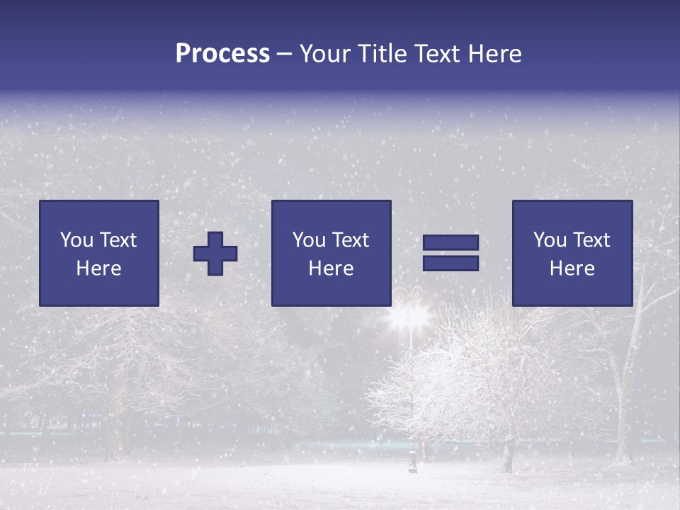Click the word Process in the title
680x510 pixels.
pos(222,54)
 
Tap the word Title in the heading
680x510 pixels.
pos(383,54)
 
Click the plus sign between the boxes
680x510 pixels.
pos(215,253)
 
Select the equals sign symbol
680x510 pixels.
pos(450,253)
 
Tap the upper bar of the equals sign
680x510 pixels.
pos(450,242)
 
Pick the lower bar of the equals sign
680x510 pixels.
pos(450,263)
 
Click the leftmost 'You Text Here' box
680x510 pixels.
pos(99,253)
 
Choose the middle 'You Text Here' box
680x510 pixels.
pos(331,253)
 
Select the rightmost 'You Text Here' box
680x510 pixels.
pos(572,253)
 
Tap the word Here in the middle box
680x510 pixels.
pos(331,268)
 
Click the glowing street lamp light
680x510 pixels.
pos(409,315)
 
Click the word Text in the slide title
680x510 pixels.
pos(438,54)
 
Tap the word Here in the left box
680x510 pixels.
pos(99,268)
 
